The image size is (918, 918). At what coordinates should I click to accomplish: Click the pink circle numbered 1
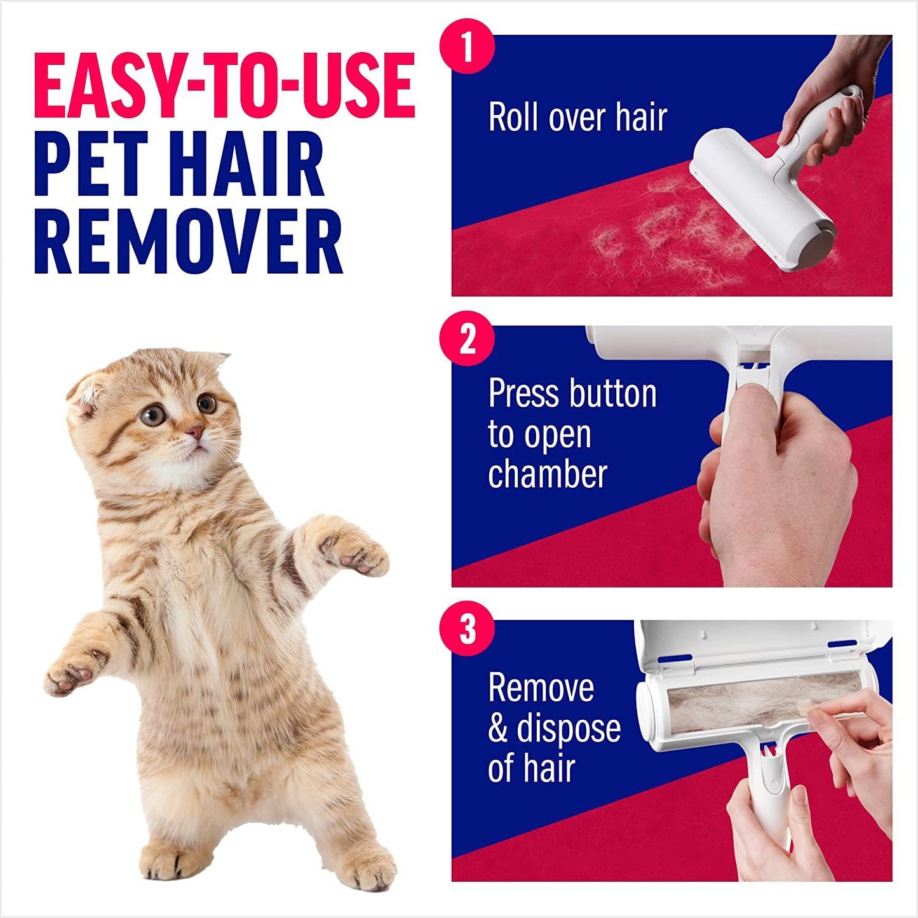coord(467,46)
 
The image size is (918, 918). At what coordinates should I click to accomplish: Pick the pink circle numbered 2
coord(467,339)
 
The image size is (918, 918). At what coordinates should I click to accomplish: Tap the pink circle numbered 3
coord(467,629)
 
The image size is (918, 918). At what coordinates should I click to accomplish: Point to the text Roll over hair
coord(577,118)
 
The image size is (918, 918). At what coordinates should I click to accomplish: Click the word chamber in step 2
coord(548,475)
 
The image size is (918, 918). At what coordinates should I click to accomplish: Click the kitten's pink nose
coord(195,433)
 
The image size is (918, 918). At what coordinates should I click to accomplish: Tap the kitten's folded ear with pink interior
coord(84,395)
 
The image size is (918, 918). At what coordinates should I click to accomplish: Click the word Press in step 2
coord(523,395)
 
